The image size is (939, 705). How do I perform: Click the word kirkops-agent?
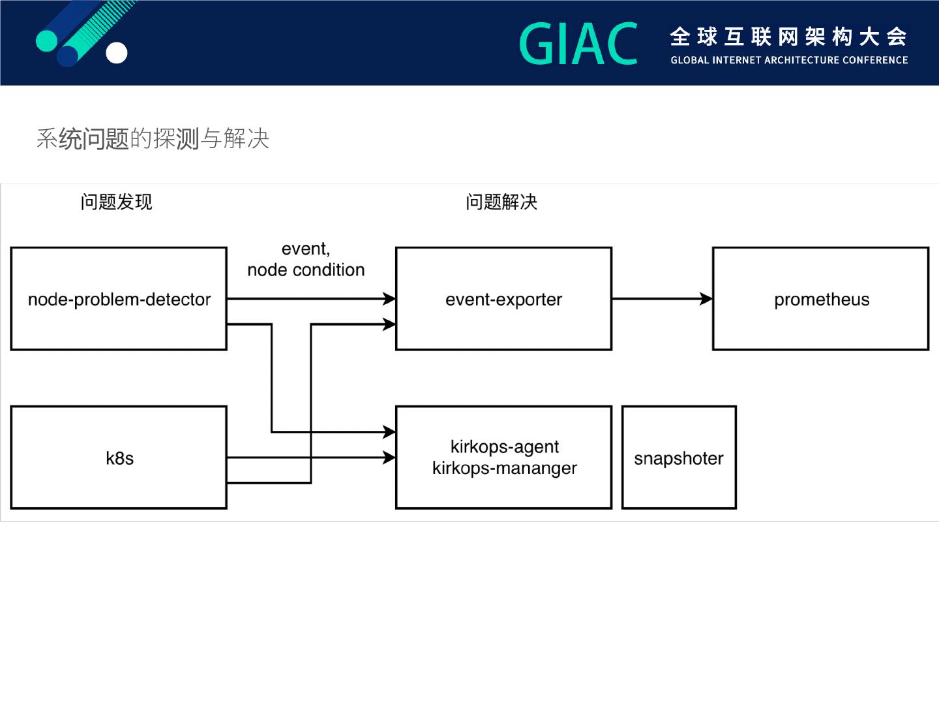pyautogui.click(x=504, y=447)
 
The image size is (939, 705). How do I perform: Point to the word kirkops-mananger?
pyautogui.click(x=504, y=468)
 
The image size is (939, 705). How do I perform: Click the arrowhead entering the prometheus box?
pyautogui.click(x=706, y=299)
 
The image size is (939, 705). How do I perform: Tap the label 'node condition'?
pyautogui.click(x=306, y=270)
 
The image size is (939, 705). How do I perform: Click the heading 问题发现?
pyautogui.click(x=116, y=202)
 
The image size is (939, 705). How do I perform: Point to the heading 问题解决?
pyautogui.click(x=501, y=202)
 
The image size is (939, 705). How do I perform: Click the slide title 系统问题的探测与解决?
pyautogui.click(x=153, y=138)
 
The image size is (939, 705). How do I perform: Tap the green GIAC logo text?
pyautogui.click(x=578, y=43)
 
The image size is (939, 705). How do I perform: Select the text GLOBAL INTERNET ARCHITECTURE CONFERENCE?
pyautogui.click(x=789, y=60)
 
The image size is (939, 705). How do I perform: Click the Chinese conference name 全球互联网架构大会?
pyautogui.click(x=788, y=37)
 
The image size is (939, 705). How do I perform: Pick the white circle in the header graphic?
pyautogui.click(x=116, y=53)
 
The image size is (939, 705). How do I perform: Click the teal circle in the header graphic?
pyautogui.click(x=47, y=41)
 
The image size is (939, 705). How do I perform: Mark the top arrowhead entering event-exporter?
pyautogui.click(x=389, y=299)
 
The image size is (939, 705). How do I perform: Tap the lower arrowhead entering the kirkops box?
pyautogui.click(x=389, y=458)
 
